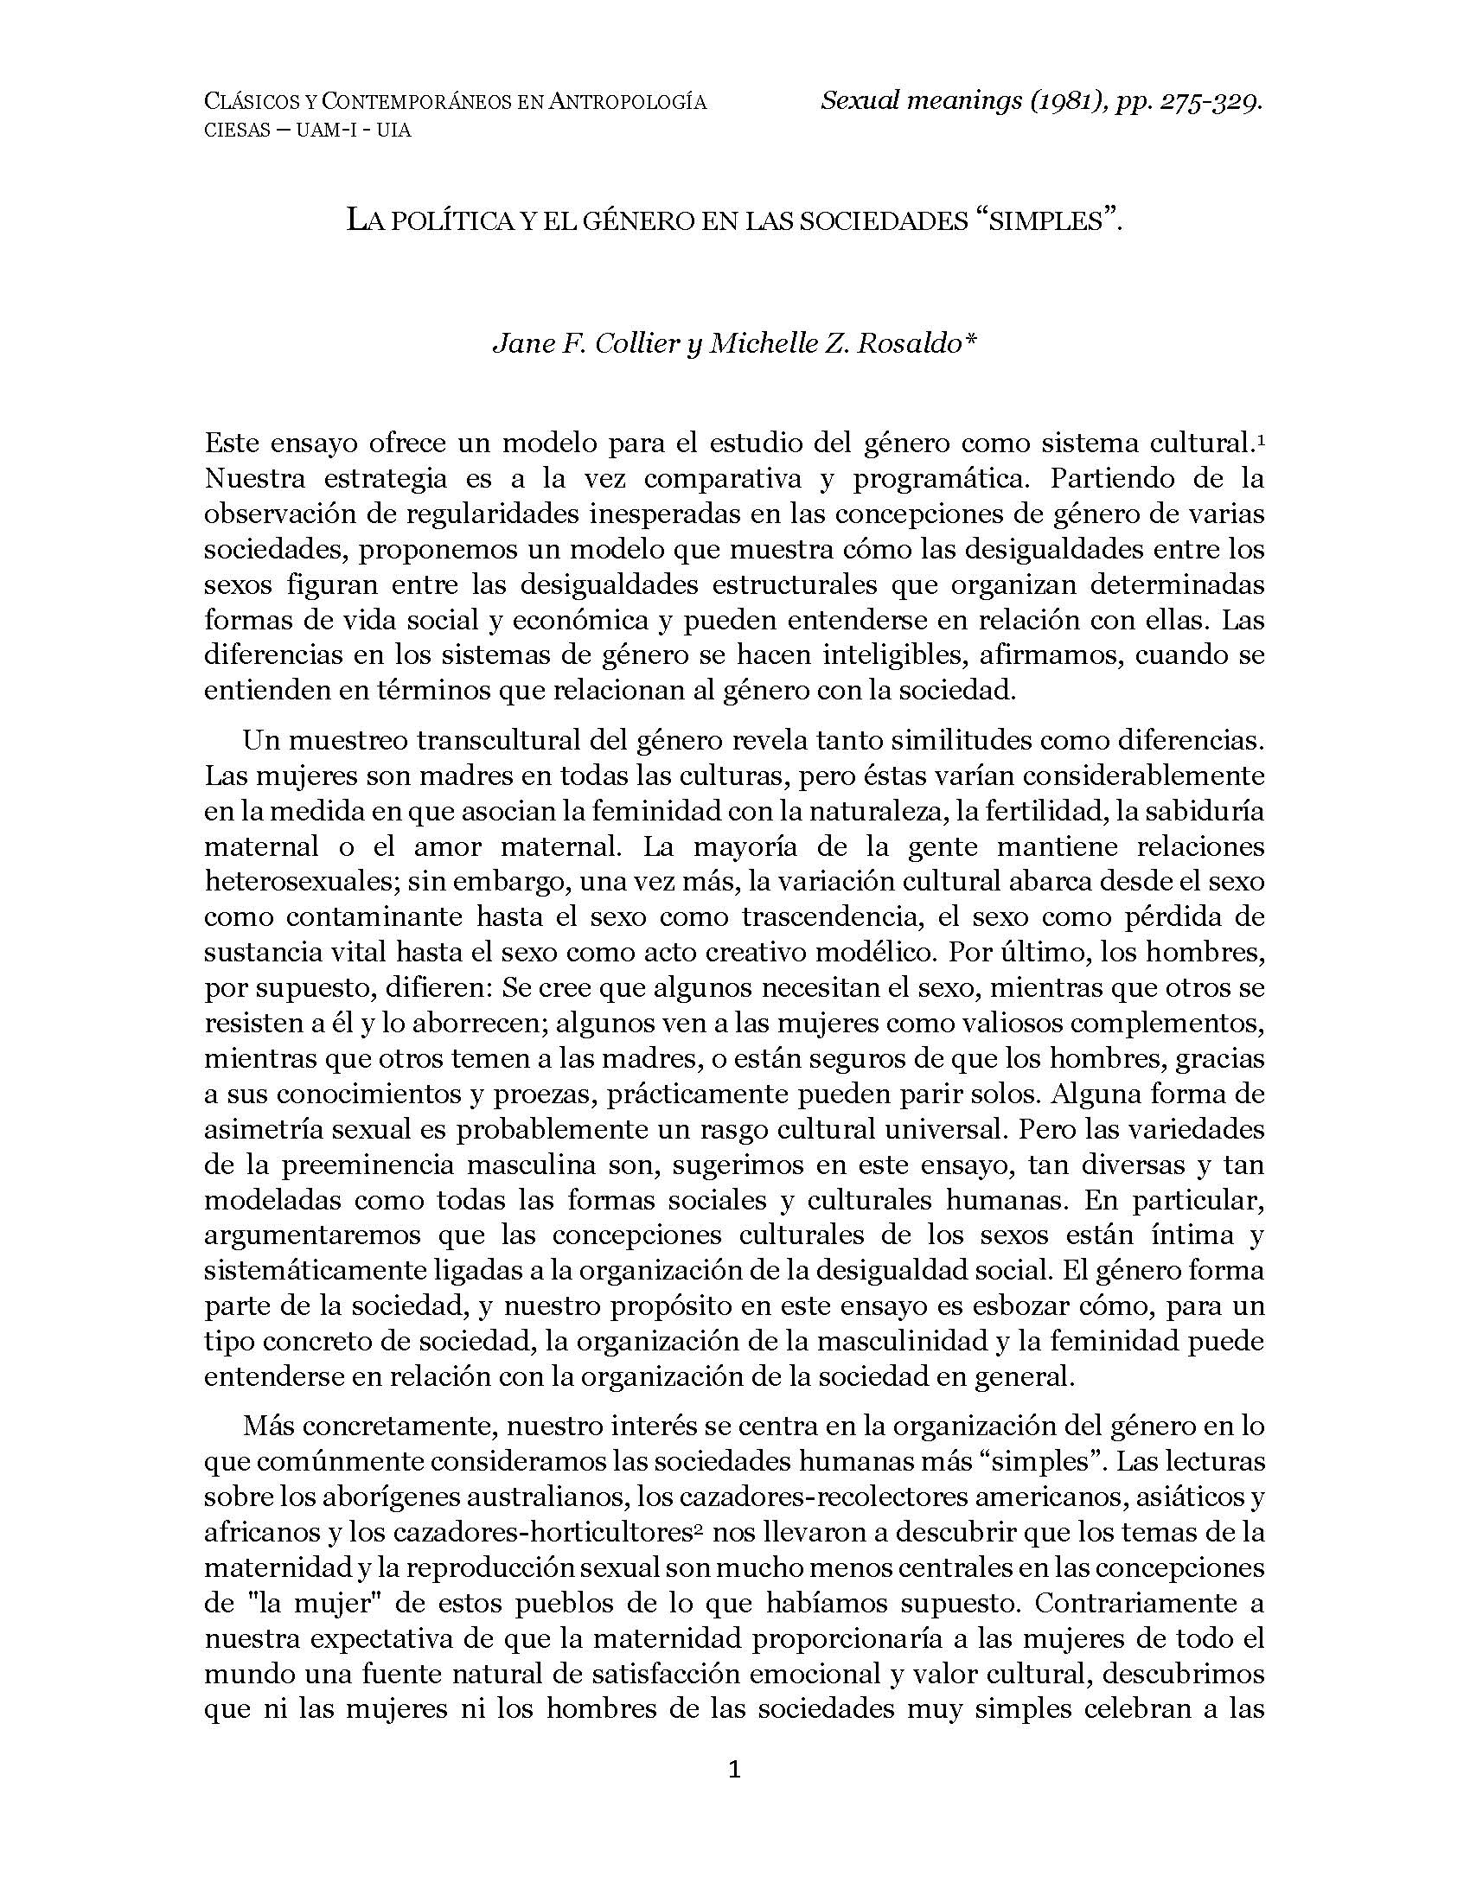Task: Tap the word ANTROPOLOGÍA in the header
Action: click(627, 102)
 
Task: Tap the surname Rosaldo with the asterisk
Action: click(916, 344)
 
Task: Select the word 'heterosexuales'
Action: click(291, 880)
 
